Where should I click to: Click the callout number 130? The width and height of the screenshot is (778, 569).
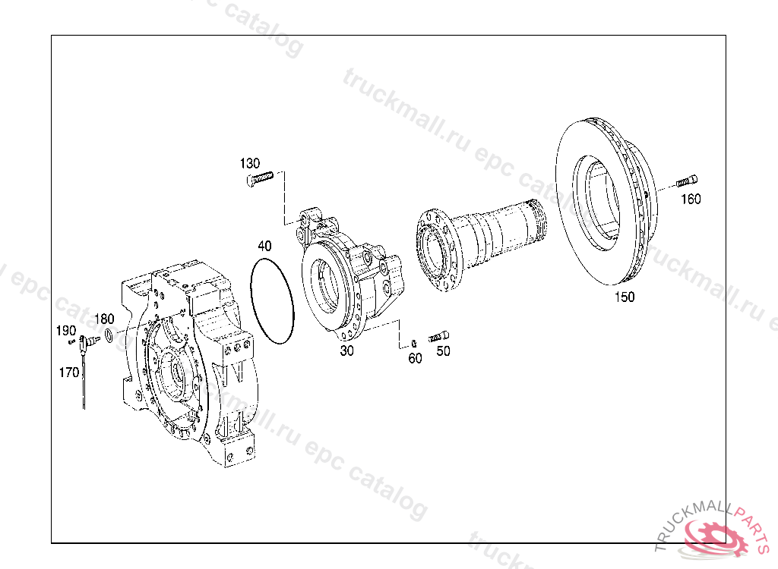point(249,163)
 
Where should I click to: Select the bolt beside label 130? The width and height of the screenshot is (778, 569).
point(260,178)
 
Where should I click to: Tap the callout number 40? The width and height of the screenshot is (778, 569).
point(264,246)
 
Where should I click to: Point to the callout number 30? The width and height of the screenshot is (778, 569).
point(346,351)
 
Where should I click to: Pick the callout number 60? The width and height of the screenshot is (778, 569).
point(415,358)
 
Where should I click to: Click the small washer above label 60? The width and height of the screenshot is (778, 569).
point(414,342)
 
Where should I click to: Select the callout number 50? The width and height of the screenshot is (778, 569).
point(443,351)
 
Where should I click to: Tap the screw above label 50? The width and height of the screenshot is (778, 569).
point(438,337)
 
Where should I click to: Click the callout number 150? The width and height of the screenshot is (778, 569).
point(625,297)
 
